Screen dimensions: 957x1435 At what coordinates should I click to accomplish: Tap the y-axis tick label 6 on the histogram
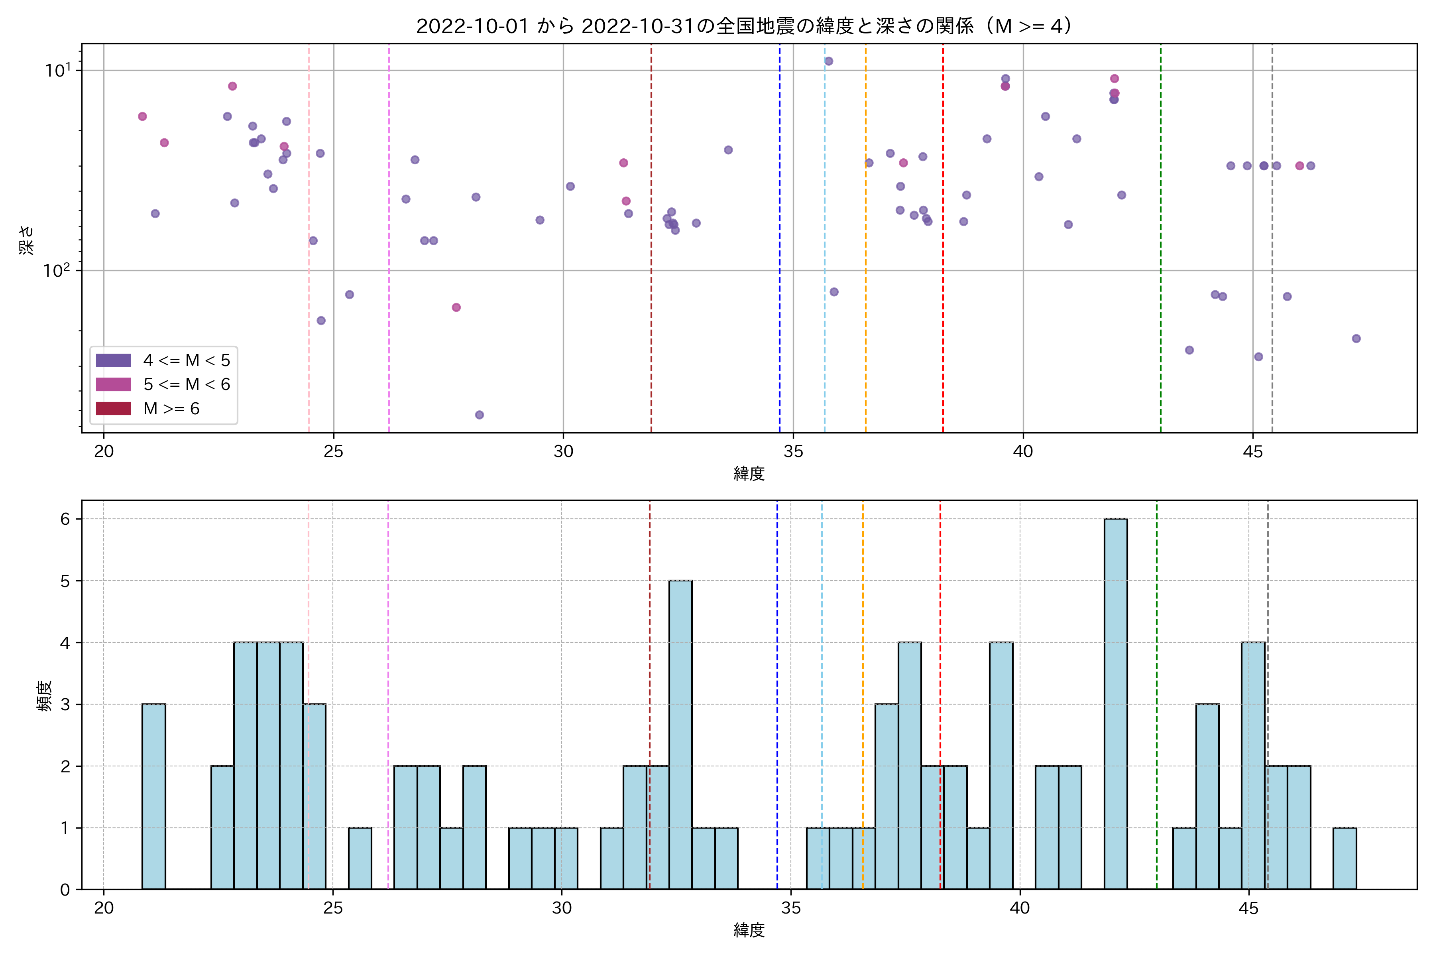pyautogui.click(x=65, y=519)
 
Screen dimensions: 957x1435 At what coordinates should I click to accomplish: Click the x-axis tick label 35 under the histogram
pyautogui.click(x=791, y=908)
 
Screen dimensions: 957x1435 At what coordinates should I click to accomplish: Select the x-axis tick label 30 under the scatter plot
pyautogui.click(x=563, y=452)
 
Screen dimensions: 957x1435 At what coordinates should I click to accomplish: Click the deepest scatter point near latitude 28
pyautogui.click(x=480, y=415)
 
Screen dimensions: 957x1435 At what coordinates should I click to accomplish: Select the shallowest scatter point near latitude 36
pyautogui.click(x=829, y=61)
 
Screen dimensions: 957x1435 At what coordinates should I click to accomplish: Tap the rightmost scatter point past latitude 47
pyautogui.click(x=1356, y=339)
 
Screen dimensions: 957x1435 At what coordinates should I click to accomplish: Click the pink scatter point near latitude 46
pyautogui.click(x=1299, y=166)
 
